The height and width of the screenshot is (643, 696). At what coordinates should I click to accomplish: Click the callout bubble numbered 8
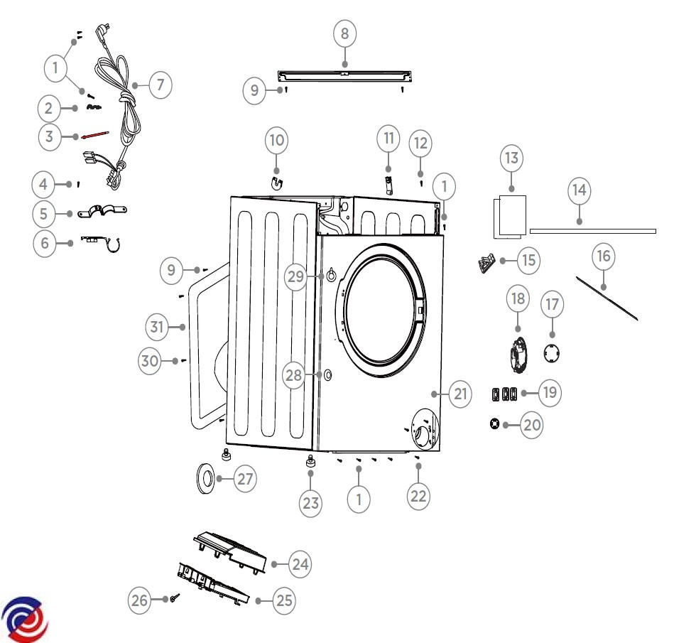pyautogui.click(x=345, y=33)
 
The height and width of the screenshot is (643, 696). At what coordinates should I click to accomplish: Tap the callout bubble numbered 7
pyautogui.click(x=161, y=85)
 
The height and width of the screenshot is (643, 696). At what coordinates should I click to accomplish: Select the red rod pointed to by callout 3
pyautogui.click(x=94, y=135)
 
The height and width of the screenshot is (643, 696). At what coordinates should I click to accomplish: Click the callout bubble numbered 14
pyautogui.click(x=580, y=190)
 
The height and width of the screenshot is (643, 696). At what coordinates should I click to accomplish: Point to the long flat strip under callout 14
pyautogui.click(x=592, y=231)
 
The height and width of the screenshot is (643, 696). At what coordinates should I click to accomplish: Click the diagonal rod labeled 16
pyautogui.click(x=607, y=298)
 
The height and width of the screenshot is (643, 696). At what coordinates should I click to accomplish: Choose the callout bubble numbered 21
pyautogui.click(x=460, y=394)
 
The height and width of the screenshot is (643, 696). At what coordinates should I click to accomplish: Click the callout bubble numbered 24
pyautogui.click(x=300, y=564)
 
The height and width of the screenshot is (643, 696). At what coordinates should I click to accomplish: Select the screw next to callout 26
pyautogui.click(x=175, y=598)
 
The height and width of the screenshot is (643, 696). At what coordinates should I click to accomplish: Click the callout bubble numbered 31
pyautogui.click(x=157, y=327)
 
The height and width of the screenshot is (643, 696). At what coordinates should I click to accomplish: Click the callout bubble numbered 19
pyautogui.click(x=550, y=392)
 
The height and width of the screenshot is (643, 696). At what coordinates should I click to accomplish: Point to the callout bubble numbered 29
pyautogui.click(x=295, y=276)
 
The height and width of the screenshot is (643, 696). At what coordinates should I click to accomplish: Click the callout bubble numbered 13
pyautogui.click(x=511, y=158)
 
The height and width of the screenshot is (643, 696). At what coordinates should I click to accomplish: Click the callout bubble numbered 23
pyautogui.click(x=311, y=503)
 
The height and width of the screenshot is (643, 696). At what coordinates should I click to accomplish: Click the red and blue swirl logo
pyautogui.click(x=24, y=620)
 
